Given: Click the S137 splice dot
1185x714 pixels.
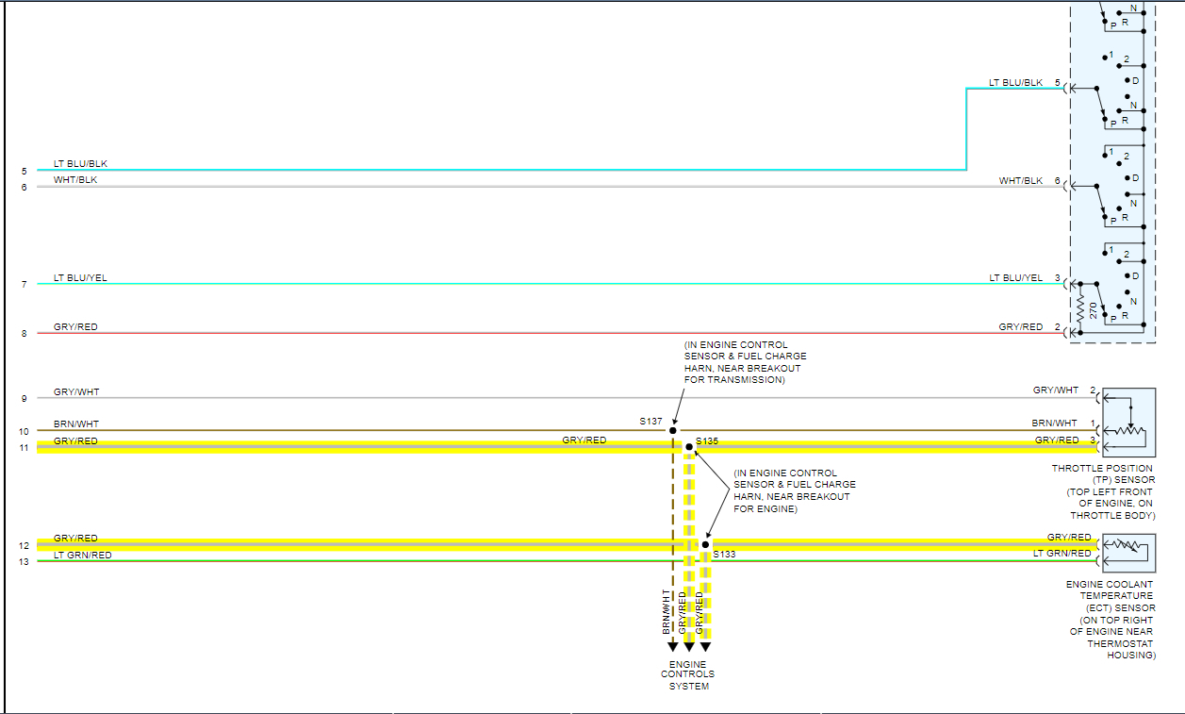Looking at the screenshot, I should coord(673,430).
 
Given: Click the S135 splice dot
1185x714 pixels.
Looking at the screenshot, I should coord(689,447).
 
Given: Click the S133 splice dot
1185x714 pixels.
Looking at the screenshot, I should coord(705,544).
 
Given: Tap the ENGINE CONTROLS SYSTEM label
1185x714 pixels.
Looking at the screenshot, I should coord(688,675).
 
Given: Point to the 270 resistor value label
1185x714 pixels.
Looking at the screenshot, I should coord(1093,309).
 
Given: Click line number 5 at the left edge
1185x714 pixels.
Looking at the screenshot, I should coord(24,172).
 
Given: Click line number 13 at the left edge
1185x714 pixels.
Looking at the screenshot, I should coord(24,562).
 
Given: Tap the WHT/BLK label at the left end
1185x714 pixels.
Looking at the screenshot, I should coord(75,179).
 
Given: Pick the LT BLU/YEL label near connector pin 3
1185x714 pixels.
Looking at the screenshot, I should coord(1015,278).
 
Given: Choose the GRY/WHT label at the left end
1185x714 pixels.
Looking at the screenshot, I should coord(76,391).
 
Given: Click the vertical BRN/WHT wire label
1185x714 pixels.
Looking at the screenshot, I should coord(667,610).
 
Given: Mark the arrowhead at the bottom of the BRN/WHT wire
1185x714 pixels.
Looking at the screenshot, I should coord(673,647).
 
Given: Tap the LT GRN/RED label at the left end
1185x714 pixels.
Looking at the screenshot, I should coord(83,556).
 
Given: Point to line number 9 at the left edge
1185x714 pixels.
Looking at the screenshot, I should coord(24,399).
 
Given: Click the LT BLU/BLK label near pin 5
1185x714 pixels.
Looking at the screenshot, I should coord(1015,83).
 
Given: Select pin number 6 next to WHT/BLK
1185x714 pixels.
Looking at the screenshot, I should coord(1057,180).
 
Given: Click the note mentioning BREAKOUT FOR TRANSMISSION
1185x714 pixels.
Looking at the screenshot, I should coord(745,362).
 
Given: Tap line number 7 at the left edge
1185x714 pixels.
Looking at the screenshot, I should coord(24,284).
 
